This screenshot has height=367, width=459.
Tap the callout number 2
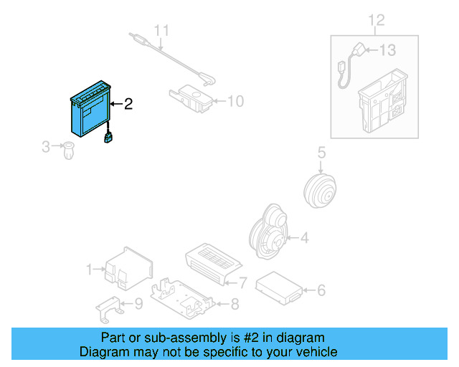(128, 105)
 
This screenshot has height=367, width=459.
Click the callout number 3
(46, 147)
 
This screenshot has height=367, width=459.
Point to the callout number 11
(162, 31)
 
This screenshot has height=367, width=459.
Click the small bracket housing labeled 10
(189, 97)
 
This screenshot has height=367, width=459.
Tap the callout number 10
(235, 101)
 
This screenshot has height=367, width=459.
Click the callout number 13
(387, 50)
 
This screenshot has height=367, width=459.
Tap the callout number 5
(321, 152)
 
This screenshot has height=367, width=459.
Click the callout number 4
(304, 237)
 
